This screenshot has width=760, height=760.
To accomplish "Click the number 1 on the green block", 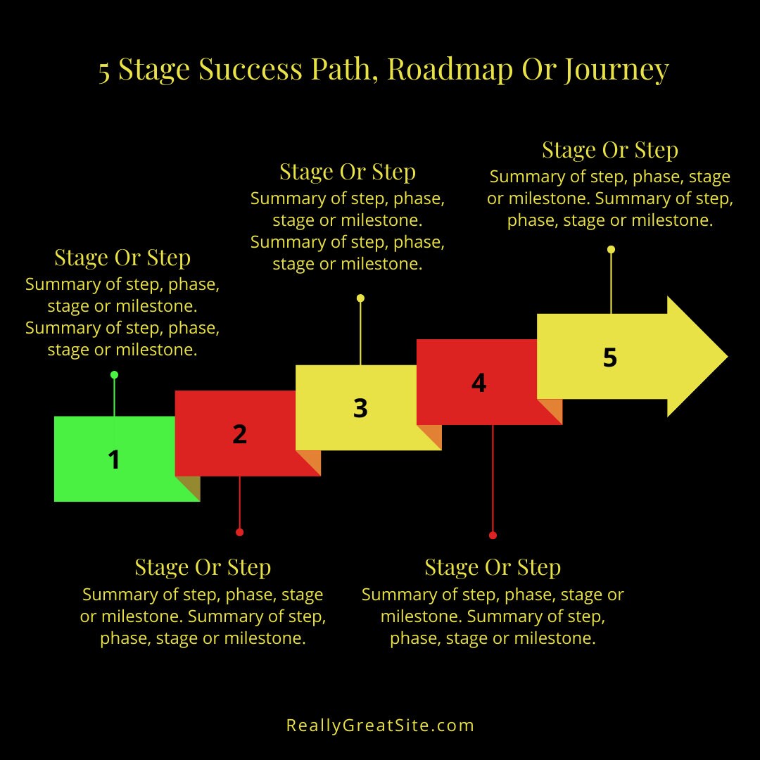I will pos(114,460).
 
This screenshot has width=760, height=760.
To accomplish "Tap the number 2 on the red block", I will pos(240,434).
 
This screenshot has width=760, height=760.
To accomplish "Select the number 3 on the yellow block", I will pos(360,408).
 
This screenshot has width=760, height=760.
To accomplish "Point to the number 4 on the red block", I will pos(479,383).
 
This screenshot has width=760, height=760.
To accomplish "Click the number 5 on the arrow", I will pos(610,357).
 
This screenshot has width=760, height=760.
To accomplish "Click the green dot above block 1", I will pos(114,375).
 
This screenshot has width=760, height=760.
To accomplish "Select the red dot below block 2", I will pos(240,532).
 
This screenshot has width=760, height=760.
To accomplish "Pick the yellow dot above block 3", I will pos(360,298).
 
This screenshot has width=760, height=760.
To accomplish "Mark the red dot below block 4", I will pos(493,536).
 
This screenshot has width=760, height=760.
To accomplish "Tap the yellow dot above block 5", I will pos(611,249).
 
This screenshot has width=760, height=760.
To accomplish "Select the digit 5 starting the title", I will pos(104,71).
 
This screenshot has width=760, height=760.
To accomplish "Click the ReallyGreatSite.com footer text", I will pos(380,725).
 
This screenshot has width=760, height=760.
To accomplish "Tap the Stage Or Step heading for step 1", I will pos(122,258).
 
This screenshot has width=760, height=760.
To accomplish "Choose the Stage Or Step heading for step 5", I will pos(610,150).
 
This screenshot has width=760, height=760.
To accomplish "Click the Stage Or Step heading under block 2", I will pos(203,567).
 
